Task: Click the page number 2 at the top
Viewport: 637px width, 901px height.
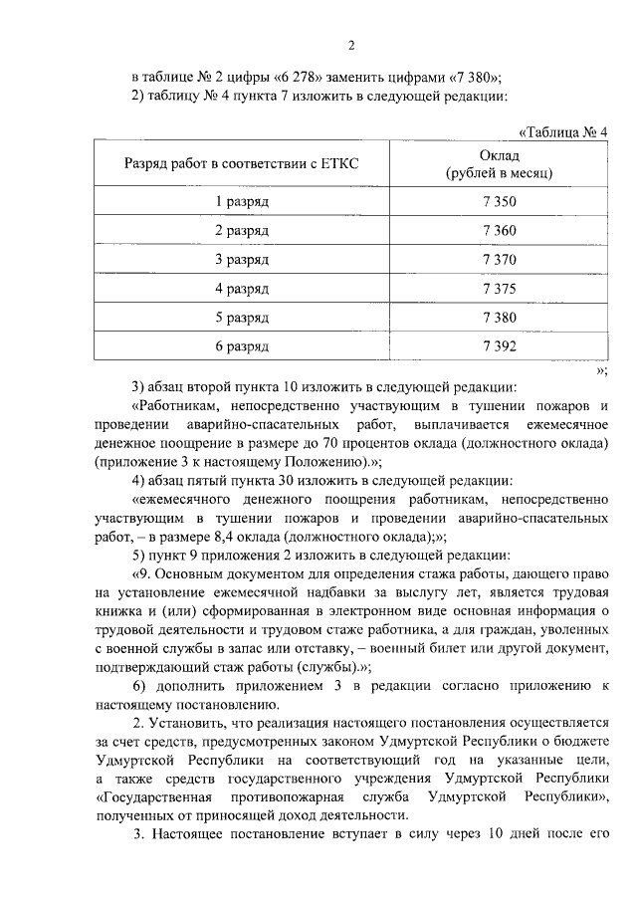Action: click(x=351, y=45)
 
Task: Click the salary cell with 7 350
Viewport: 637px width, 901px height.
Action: click(x=498, y=201)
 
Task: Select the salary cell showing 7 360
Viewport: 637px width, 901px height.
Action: click(x=498, y=230)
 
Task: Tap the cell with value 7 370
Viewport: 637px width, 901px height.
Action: click(x=498, y=259)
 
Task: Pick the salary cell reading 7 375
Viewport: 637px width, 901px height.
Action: click(x=498, y=289)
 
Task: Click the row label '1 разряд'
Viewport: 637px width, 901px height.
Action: click(x=242, y=201)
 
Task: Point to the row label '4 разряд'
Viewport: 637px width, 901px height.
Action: click(x=242, y=289)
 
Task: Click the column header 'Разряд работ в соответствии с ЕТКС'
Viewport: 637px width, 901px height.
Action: click(x=242, y=163)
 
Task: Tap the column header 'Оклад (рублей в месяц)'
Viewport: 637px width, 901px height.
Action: click(x=498, y=163)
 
